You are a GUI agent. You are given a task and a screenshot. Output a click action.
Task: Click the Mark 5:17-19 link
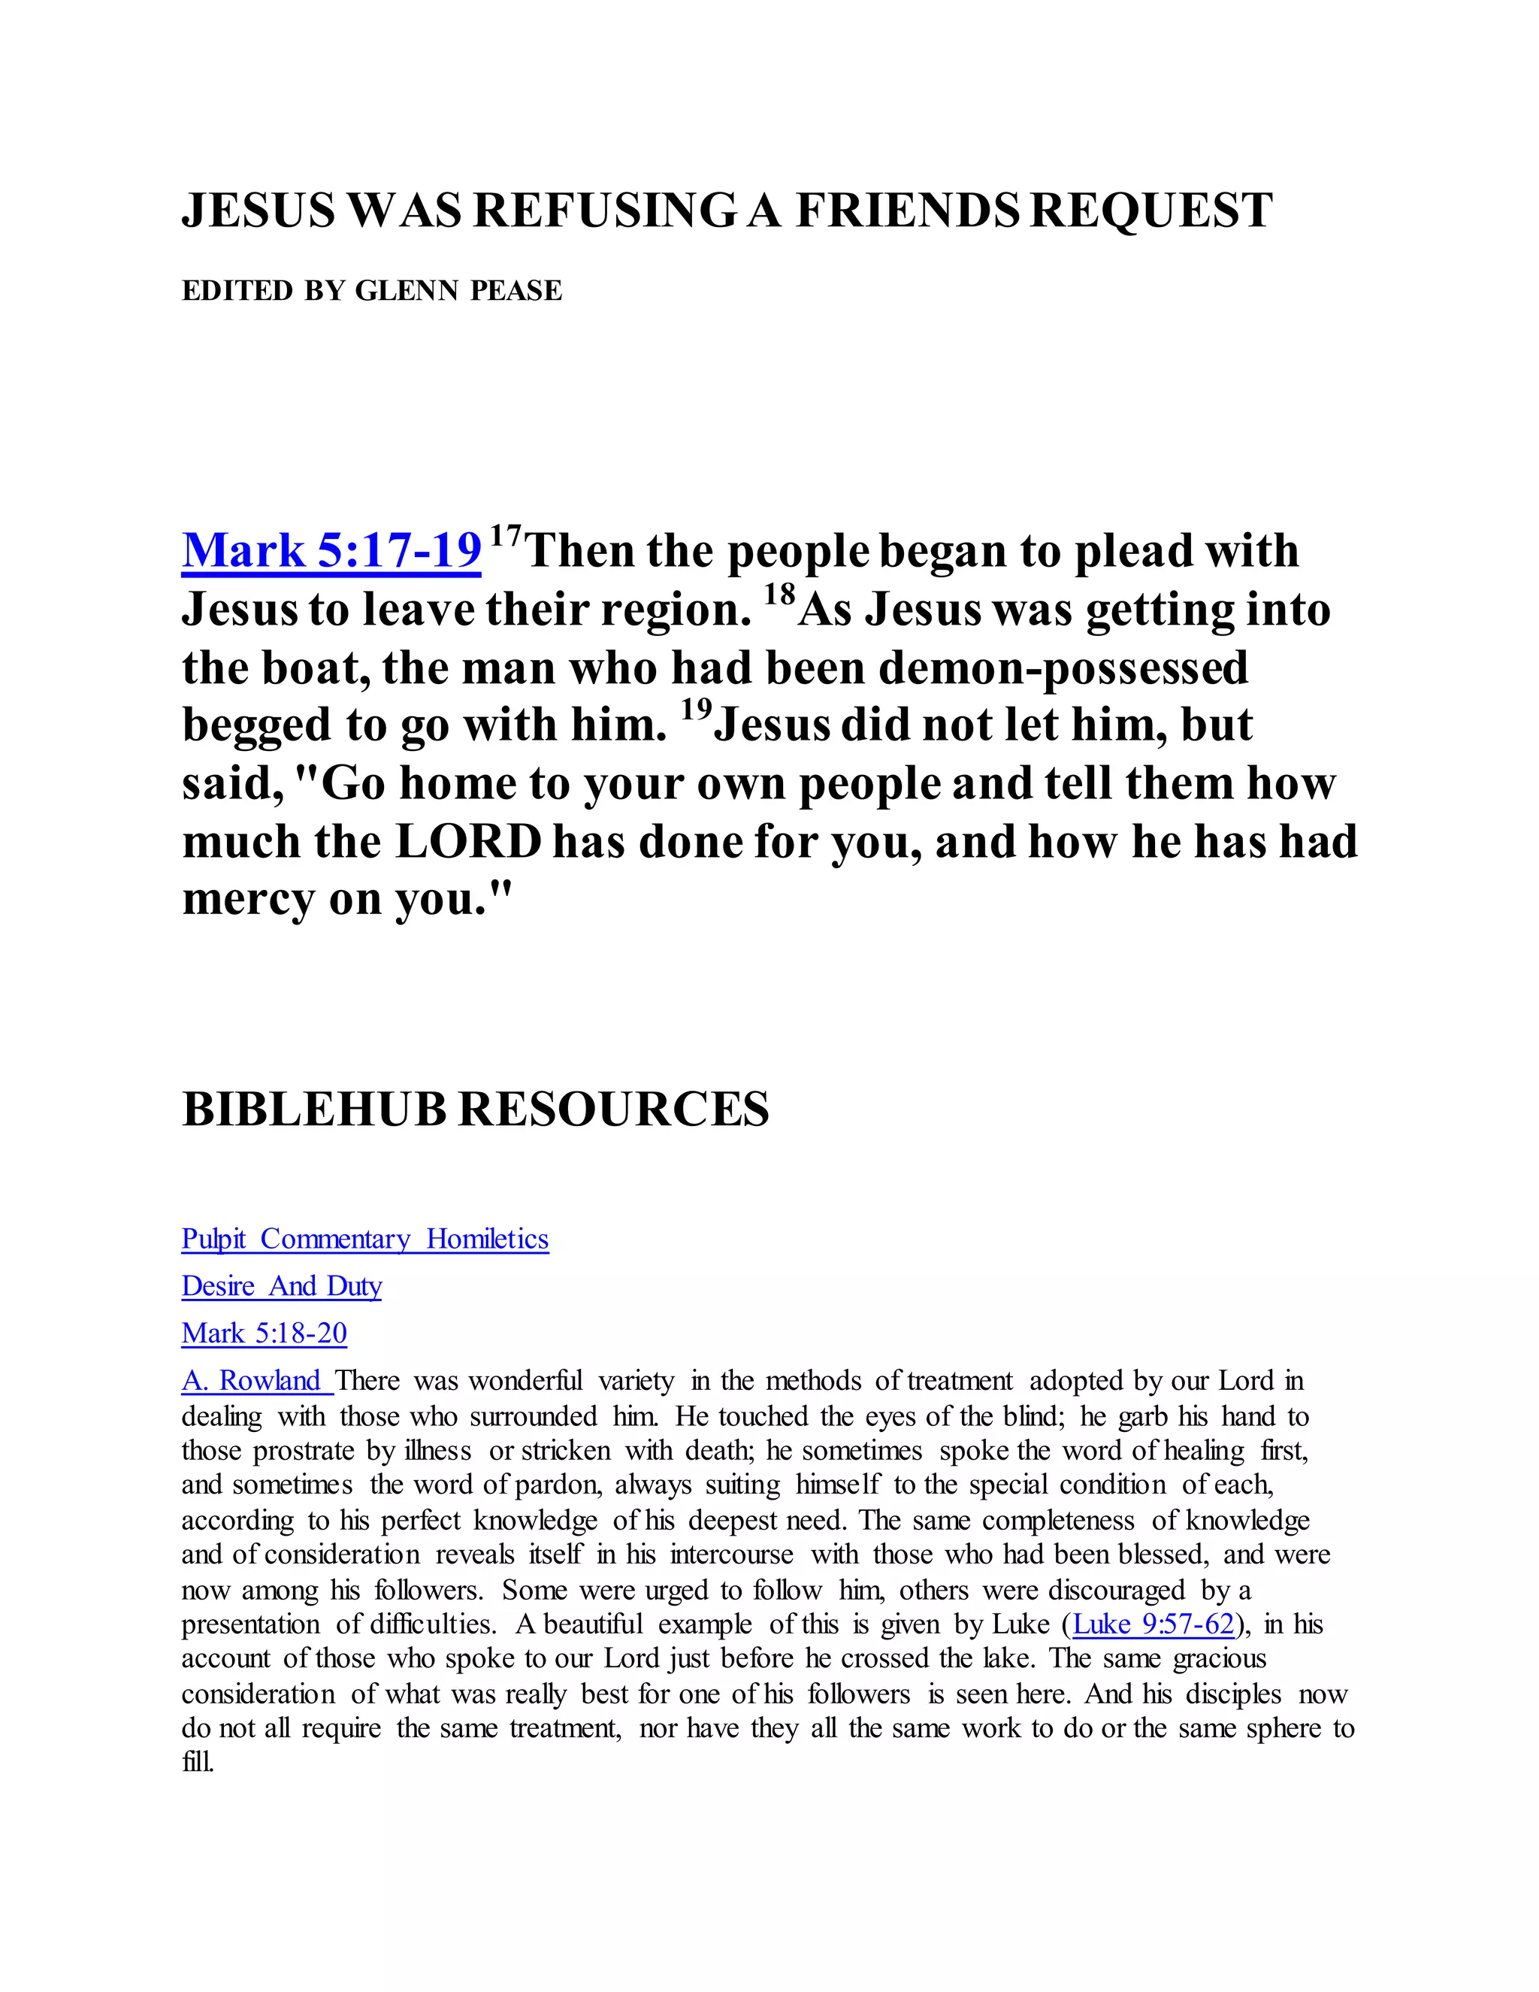tap(331, 552)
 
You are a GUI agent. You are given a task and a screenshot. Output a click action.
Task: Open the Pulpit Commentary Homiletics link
tap(364, 1240)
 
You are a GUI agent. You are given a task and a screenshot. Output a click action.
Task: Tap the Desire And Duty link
tap(281, 1286)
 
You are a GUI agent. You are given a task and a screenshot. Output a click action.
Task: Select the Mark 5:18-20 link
tap(264, 1334)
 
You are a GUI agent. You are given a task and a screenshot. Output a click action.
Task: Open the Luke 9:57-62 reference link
tap(1153, 1624)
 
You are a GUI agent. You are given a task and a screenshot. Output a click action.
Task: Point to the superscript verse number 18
tap(779, 595)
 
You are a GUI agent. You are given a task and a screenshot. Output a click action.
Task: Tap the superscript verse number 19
tap(696, 710)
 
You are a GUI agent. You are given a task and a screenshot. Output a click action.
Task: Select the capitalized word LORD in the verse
tap(470, 842)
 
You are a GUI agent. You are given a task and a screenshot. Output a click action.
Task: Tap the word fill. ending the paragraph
tap(198, 1762)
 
